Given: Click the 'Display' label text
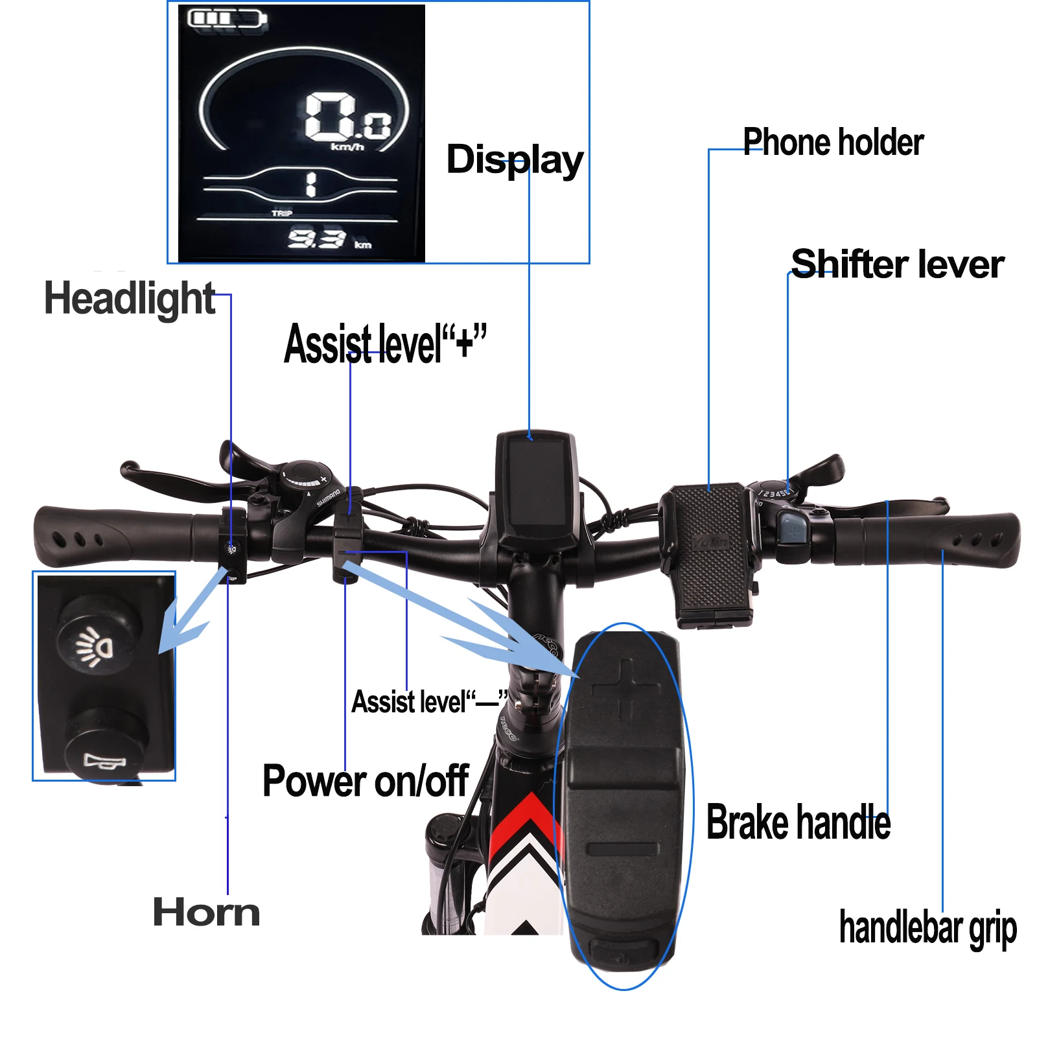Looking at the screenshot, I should [515, 160].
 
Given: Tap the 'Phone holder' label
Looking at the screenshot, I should [833, 143].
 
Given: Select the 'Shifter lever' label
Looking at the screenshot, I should [898, 264].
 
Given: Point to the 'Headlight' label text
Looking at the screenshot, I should [130, 299].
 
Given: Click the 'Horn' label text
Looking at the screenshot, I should [207, 913].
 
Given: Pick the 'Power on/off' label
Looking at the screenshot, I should [366, 781].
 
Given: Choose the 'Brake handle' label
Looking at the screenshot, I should [798, 822].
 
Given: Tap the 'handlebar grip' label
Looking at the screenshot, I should [927, 928].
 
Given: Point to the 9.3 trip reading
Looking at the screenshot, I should [316, 239].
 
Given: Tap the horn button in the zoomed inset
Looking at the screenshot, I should [105, 745].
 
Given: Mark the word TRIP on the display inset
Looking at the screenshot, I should [282, 213].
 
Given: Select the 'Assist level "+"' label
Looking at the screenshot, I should [385, 344].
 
